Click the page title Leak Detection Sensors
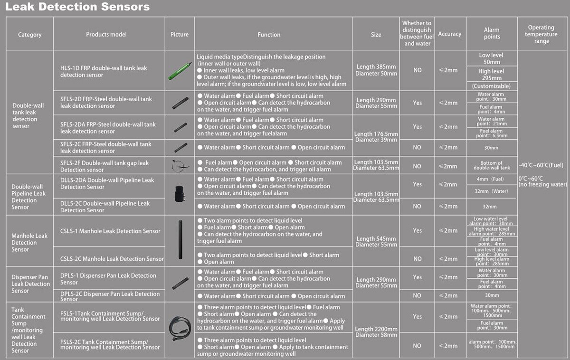point(77,7)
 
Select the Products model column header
point(106,34)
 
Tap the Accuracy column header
point(449,34)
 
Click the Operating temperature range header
point(541,34)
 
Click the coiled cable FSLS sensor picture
point(180,328)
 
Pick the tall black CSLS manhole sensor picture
point(180,239)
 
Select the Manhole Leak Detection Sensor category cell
point(29,242)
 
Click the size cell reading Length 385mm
point(376,70)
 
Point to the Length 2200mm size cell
point(376,332)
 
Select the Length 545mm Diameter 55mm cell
point(376,242)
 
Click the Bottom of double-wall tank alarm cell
point(492,165)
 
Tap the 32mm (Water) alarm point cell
point(492,191)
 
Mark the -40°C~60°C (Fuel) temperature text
point(541,165)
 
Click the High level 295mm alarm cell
point(492,75)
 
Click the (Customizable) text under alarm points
point(492,86)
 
